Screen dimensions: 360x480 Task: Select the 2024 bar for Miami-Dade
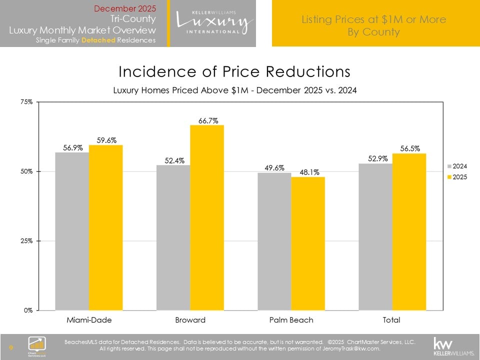(72, 231)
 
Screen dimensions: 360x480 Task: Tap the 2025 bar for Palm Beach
(308, 243)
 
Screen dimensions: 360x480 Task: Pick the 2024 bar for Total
(375, 236)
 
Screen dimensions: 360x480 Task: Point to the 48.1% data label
(308, 171)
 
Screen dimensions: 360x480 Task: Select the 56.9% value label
(72, 148)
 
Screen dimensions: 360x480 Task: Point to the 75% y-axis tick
(26, 102)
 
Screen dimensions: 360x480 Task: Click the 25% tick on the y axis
(26, 241)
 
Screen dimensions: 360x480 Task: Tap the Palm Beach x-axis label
(291, 319)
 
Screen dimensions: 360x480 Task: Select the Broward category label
(190, 319)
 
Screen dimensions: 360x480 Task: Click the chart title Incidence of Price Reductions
(234, 71)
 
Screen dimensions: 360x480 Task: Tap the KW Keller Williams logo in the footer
(446, 345)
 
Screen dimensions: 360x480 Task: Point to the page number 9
(11, 347)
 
